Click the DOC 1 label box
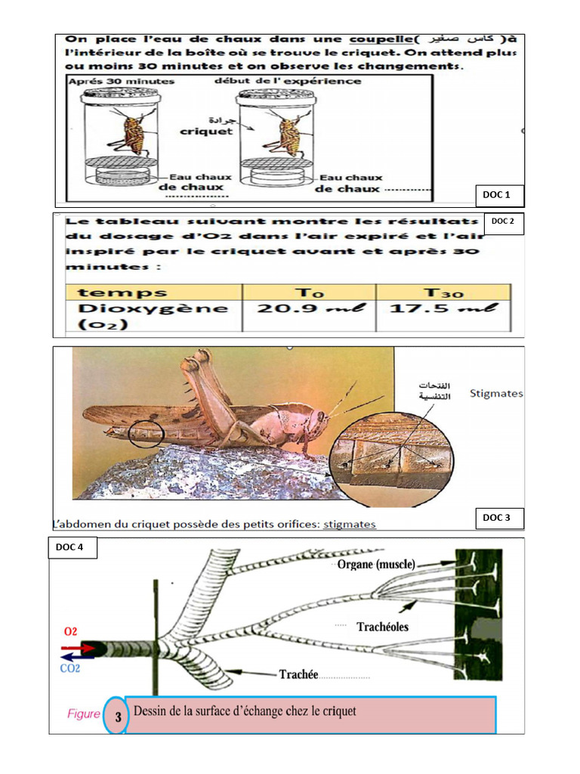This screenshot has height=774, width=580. click(x=497, y=195)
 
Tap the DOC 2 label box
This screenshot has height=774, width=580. click(x=503, y=221)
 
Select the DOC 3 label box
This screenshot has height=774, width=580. click(x=497, y=518)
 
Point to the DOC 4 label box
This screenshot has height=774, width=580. click(x=72, y=547)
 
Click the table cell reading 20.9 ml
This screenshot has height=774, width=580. click(x=308, y=308)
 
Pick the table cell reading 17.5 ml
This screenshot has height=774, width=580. click(x=442, y=308)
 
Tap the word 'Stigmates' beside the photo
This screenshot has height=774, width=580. click(x=495, y=393)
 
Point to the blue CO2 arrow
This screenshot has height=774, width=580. click(x=78, y=658)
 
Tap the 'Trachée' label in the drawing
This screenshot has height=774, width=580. click(x=298, y=674)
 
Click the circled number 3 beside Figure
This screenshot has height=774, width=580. click(x=118, y=714)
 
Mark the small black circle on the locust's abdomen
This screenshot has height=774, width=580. click(x=145, y=434)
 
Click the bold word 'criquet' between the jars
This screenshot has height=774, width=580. click(x=206, y=130)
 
